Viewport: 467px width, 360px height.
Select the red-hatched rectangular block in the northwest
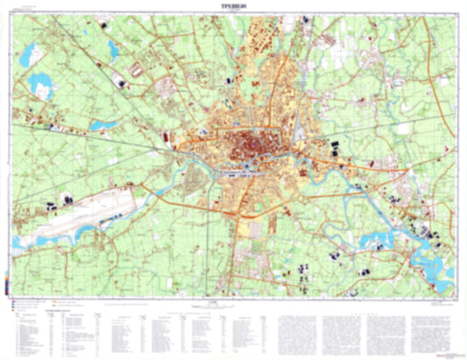click(138, 67)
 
